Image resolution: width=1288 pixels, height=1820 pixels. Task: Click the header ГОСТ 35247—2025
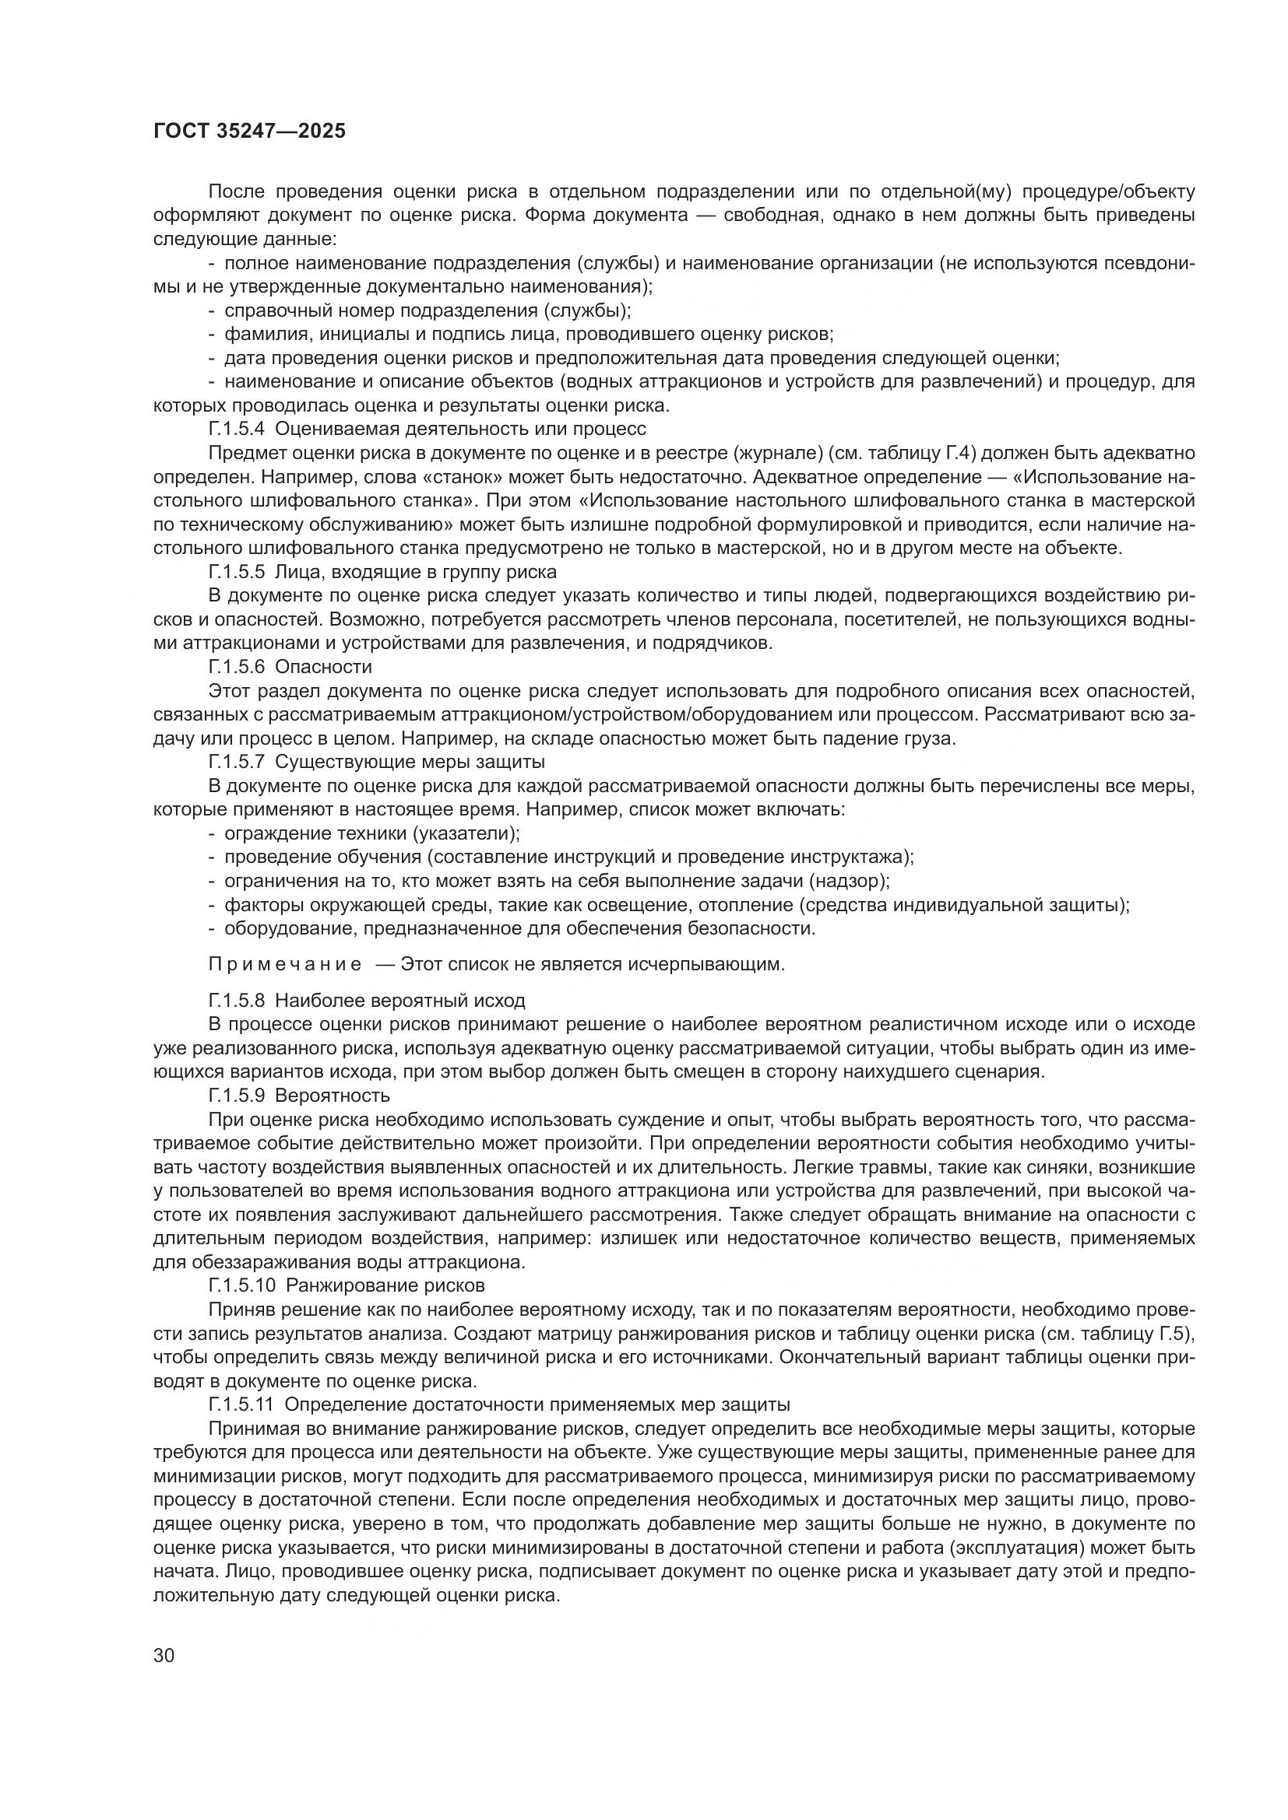[249, 132]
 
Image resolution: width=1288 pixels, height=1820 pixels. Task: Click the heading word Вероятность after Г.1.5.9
[333, 1096]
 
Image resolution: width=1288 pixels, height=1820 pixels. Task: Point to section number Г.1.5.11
[241, 1404]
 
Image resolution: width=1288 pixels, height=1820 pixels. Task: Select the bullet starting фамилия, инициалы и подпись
[527, 335]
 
